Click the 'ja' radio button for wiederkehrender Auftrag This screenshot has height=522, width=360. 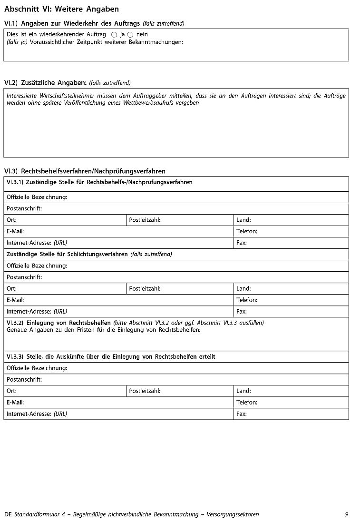tap(114, 35)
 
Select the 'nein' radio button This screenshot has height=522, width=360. tap(130, 35)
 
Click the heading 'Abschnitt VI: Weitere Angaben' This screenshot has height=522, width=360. tap(61, 9)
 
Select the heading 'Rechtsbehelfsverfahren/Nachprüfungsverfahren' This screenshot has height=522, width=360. tap(93, 171)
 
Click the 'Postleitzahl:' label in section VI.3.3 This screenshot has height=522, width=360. tap(145, 391)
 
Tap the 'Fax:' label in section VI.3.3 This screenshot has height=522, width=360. tap(242, 414)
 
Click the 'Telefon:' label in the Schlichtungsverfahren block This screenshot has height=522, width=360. tap(247, 300)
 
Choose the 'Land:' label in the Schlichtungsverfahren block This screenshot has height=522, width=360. tap(243, 288)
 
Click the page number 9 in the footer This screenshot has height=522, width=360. tap(346, 514)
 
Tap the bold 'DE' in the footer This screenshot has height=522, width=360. tap(8, 514)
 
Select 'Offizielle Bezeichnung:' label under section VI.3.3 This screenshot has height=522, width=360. tap(37, 368)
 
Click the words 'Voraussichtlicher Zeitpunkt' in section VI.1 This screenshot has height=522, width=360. tap(61, 42)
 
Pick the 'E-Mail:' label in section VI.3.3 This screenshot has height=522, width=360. tap(15, 402)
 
